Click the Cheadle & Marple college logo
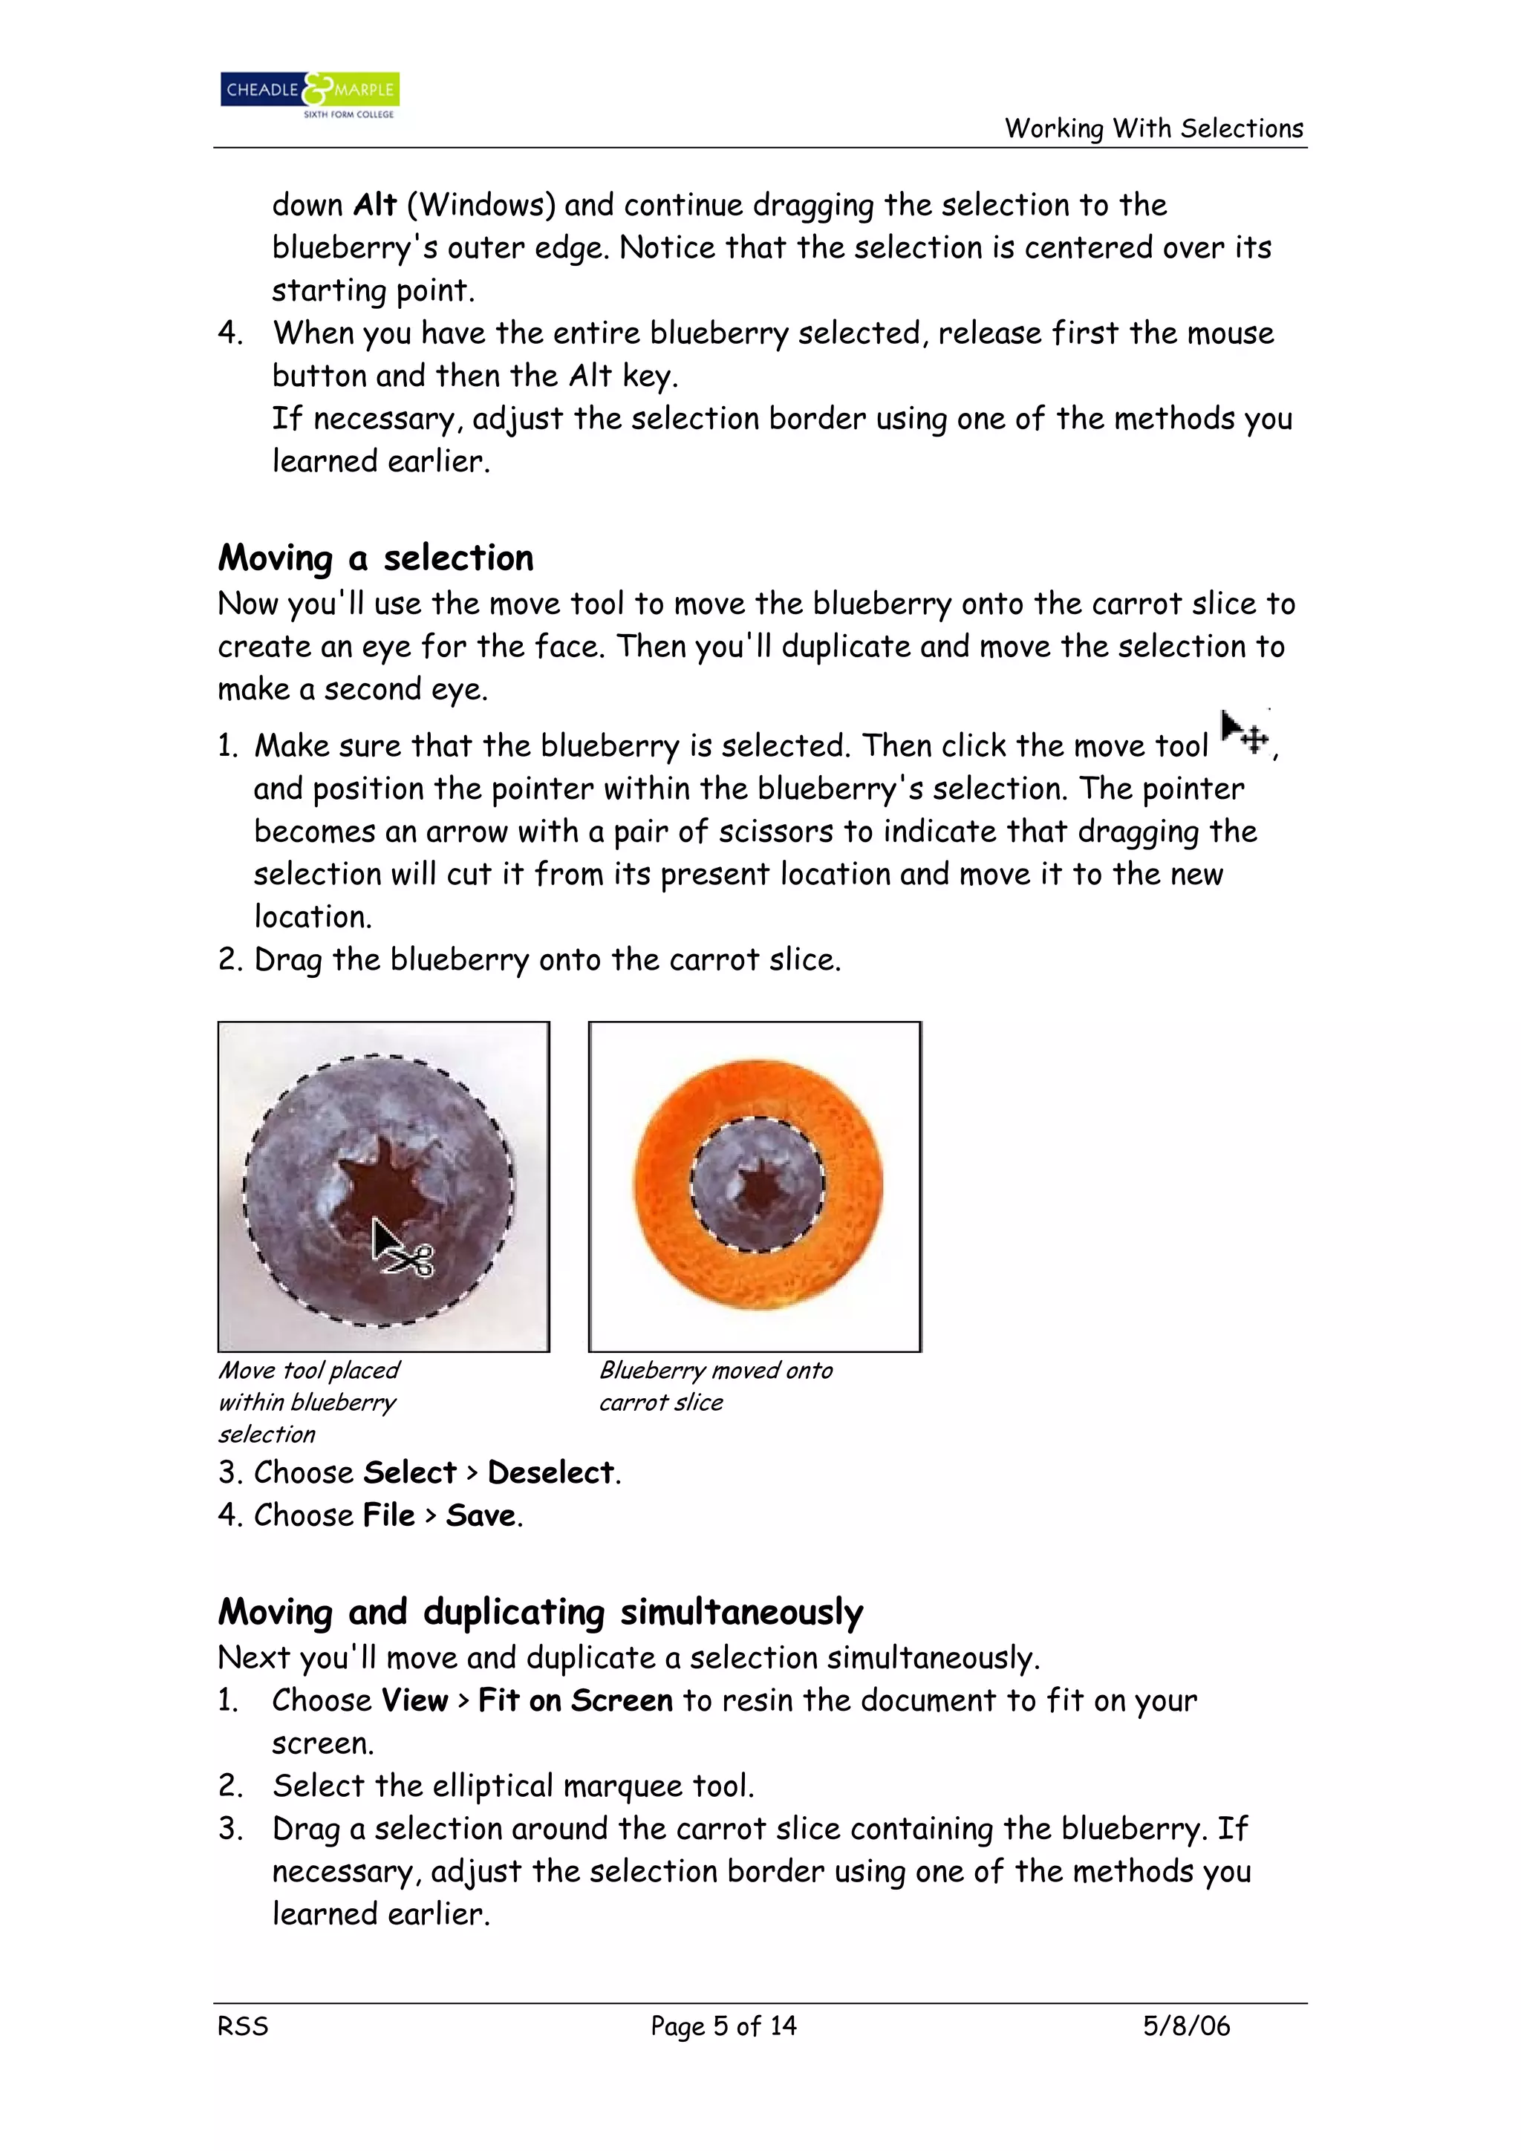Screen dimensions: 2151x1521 pos(309,94)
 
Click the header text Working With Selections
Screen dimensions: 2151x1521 pos(1153,128)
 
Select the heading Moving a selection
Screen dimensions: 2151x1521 pos(376,558)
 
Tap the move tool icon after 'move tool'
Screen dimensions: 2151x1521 pos(1245,734)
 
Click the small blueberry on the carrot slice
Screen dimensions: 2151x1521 pos(758,1184)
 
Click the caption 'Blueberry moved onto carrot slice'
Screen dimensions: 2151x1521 pos(715,1385)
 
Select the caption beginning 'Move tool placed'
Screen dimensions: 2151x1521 pos(308,1402)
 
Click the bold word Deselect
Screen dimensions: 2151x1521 pos(550,1472)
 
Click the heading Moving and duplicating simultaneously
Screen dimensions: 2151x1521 pos(540,1612)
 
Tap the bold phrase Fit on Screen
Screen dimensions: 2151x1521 pos(575,1700)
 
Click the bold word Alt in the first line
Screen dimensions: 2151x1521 pos(375,205)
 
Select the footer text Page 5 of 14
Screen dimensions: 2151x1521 pos(723,2026)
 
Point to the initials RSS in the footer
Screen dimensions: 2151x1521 pos(243,2026)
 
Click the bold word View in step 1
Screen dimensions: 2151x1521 pos(414,1700)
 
